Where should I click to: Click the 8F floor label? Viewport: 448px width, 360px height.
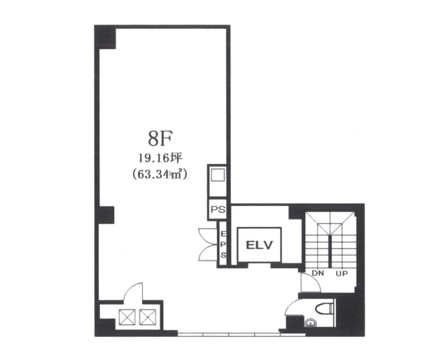click(160, 139)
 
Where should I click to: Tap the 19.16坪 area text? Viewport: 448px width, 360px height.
click(160, 158)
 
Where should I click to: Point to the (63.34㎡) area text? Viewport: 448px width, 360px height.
click(160, 174)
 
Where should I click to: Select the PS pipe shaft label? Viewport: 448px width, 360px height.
click(218, 209)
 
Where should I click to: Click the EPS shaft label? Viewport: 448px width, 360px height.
click(223, 244)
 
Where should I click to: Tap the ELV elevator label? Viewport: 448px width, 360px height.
click(260, 245)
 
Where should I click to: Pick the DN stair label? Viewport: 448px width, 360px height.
click(318, 273)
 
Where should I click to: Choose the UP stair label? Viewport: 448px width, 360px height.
click(342, 274)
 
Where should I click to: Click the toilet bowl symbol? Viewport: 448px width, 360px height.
click(324, 308)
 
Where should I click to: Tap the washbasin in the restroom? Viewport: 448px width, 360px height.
click(309, 323)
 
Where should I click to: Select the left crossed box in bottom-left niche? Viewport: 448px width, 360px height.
click(127, 317)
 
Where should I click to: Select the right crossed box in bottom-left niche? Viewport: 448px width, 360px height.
click(148, 317)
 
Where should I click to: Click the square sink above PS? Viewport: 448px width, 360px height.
click(218, 174)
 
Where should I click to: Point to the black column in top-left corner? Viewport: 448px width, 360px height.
click(105, 38)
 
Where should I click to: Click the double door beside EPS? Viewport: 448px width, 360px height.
click(208, 244)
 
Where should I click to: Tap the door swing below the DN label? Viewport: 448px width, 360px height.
click(311, 282)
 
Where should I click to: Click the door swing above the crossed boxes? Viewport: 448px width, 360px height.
click(133, 291)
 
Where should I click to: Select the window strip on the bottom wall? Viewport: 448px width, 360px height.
click(229, 333)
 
